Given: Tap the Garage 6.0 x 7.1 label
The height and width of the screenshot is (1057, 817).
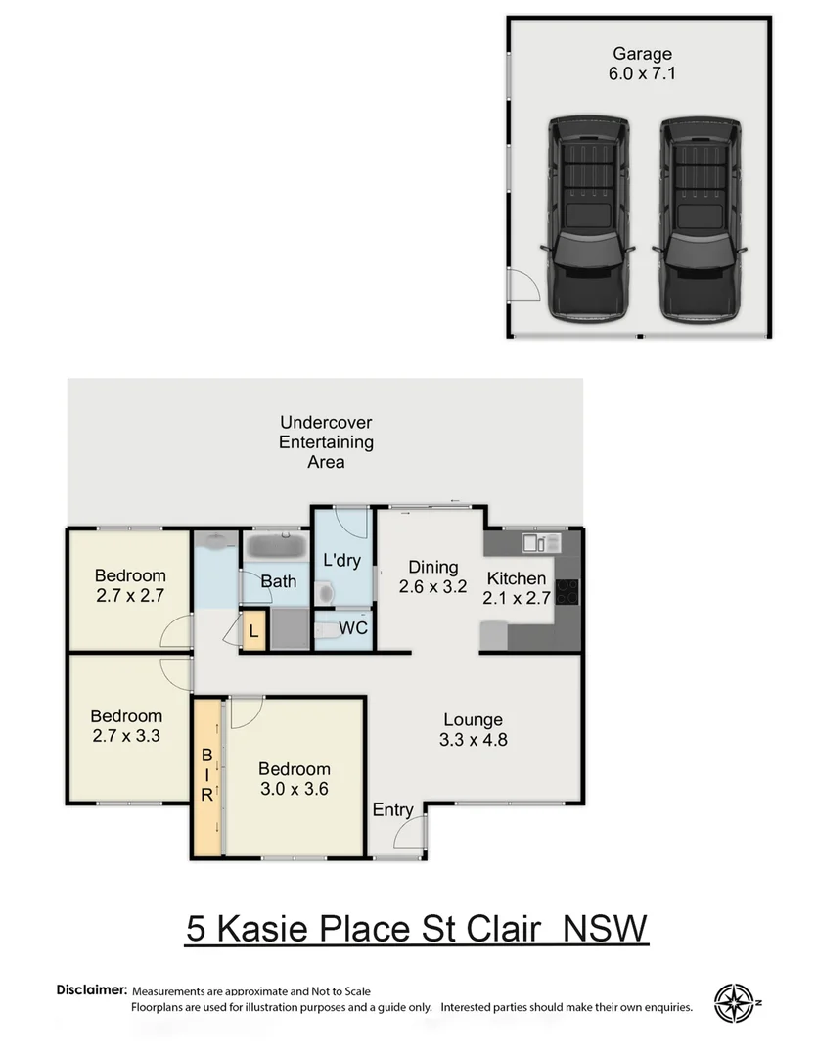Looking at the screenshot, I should click(642, 64).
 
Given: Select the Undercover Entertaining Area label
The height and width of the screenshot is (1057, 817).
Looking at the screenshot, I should click(326, 441).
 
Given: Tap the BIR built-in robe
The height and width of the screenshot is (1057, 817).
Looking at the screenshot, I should click(207, 775).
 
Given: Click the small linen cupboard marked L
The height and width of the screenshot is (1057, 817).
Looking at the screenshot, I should click(253, 631).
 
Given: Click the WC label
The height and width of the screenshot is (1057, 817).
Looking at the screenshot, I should click(352, 627).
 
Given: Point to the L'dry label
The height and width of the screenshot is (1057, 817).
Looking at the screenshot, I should click(340, 560).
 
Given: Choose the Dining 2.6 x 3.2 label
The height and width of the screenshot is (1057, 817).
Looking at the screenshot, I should click(432, 577).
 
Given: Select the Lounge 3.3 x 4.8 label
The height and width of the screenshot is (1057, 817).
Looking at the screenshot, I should click(472, 730).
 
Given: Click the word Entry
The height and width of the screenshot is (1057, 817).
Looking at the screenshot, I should click(392, 809).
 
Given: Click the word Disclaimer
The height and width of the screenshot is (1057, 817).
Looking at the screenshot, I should click(92, 990).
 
